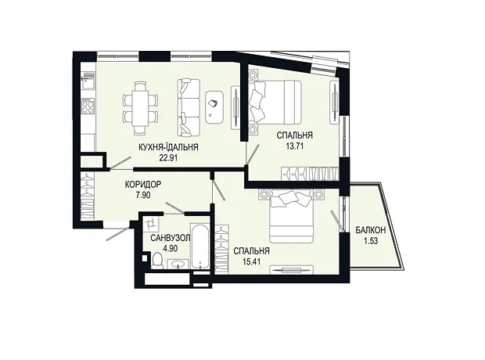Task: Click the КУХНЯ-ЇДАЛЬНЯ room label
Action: pos(168,147)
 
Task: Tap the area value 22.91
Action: pos(168,158)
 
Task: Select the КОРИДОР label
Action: pos(143,185)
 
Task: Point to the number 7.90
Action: pos(142,195)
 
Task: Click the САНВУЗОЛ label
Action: pos(170,238)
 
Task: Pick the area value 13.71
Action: pos(294,146)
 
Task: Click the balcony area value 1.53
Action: pos(371,241)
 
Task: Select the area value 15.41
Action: pos(251,261)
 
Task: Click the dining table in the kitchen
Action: pos(140,108)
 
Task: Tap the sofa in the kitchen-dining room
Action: pos(189,107)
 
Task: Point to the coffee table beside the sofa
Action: pos(214,107)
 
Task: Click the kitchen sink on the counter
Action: pos(88,81)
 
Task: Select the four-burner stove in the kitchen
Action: pos(88,106)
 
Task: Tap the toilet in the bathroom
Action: pos(158,260)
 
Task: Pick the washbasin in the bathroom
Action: pos(179,264)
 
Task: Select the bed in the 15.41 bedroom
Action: pos(292,216)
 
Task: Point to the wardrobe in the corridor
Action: pos(88,196)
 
